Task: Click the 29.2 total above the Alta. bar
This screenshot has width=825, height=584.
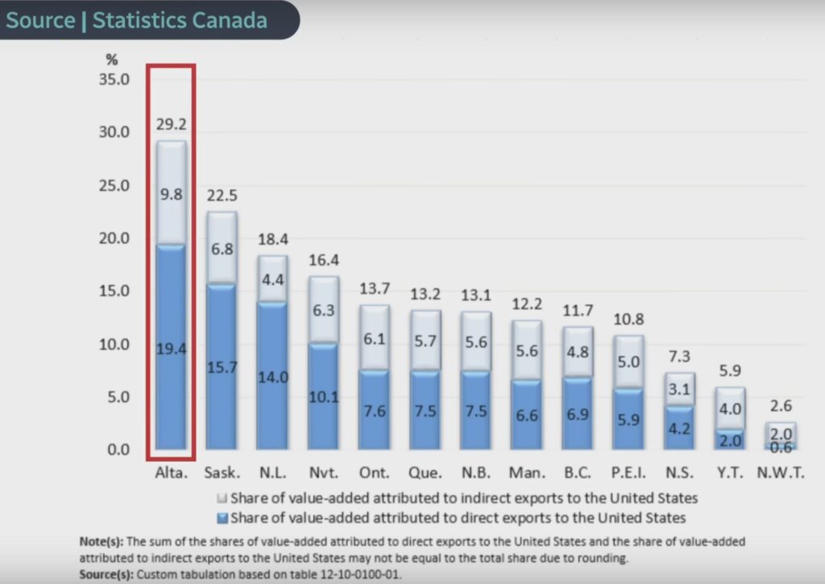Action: [x=171, y=125]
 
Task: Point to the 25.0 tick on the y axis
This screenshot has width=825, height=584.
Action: [x=113, y=185]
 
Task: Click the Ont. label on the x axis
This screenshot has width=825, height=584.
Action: [x=373, y=474]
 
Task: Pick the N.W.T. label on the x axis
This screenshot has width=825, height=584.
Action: [x=780, y=474]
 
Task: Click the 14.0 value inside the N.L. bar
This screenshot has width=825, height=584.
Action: [x=272, y=376]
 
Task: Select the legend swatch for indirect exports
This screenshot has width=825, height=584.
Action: [x=224, y=499]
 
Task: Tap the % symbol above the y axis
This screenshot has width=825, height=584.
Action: [x=112, y=59]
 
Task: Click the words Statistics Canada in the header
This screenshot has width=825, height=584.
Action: [x=180, y=20]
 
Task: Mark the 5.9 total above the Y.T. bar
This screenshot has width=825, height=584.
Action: [x=730, y=371]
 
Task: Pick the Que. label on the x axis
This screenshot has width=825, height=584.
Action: [x=424, y=474]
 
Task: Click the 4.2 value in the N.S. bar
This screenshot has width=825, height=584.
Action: [x=679, y=428]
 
